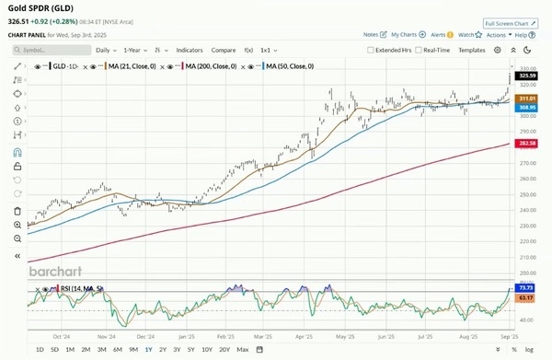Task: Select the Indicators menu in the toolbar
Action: [x=190, y=50]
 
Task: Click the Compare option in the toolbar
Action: [x=224, y=50]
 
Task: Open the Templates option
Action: [x=472, y=50]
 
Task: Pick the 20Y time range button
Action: [x=223, y=350]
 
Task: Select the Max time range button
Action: [x=243, y=350]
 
